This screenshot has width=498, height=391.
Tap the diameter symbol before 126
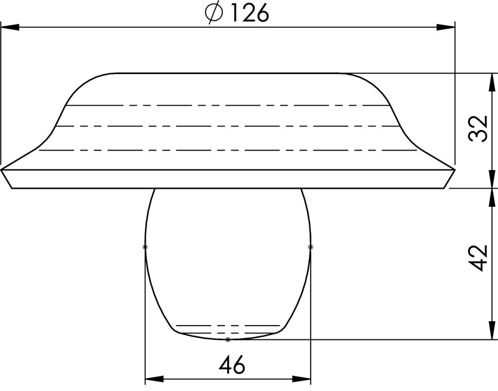(x=214, y=14)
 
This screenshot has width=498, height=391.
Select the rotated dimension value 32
(x=479, y=130)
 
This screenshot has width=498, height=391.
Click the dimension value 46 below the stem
(x=232, y=365)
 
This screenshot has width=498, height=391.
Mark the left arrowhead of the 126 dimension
(x=9, y=27)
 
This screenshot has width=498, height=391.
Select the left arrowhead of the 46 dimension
(x=153, y=378)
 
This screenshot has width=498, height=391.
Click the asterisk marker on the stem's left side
(x=145, y=247)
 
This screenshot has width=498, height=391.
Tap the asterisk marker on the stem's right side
(x=311, y=247)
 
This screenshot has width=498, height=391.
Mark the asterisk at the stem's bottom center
(x=228, y=339)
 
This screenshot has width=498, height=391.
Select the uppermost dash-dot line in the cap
(x=227, y=105)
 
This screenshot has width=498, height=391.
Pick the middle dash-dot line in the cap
(x=227, y=126)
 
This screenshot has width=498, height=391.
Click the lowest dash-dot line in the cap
(x=227, y=150)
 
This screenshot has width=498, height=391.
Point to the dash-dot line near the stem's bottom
(x=228, y=326)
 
